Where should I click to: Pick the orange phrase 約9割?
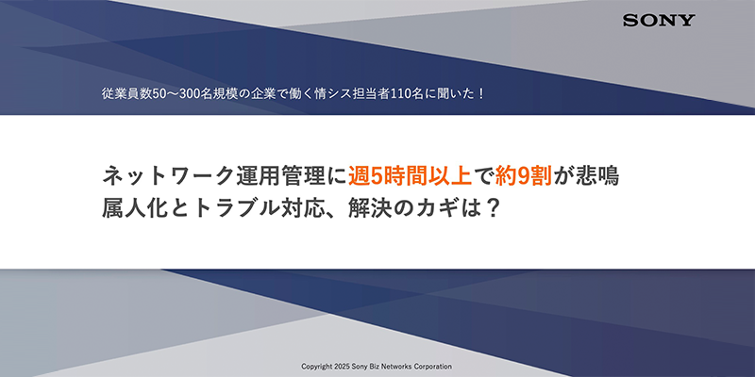tap(518, 175)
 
